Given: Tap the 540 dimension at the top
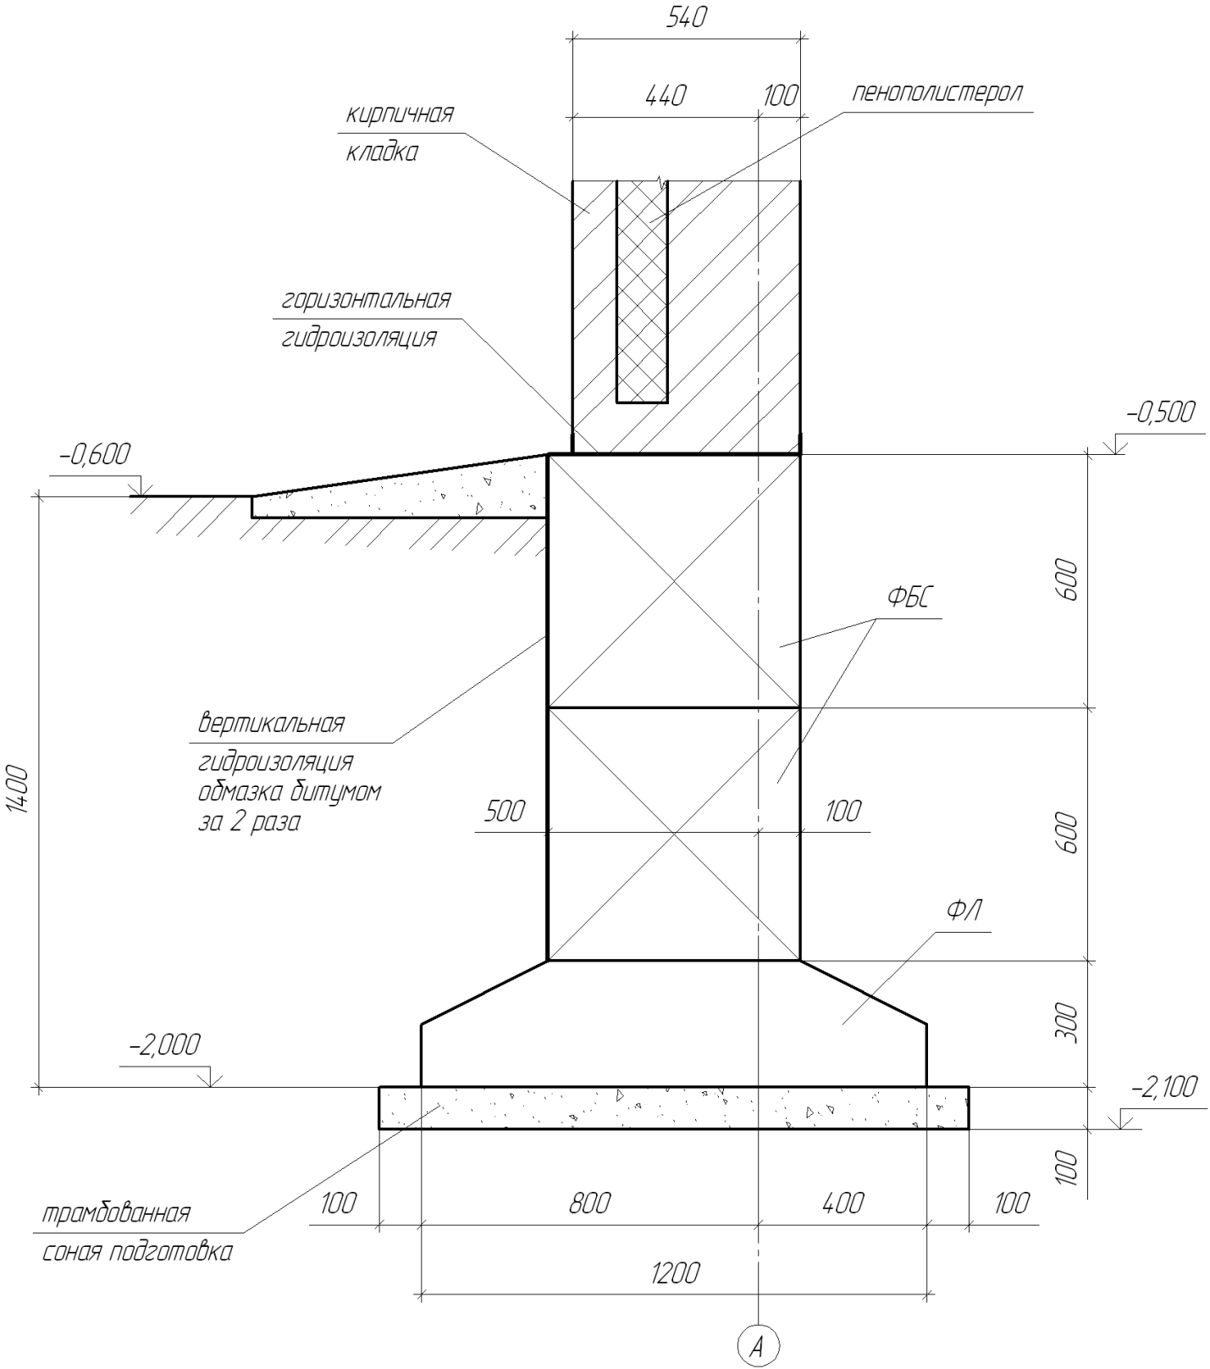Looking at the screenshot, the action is click(x=685, y=18).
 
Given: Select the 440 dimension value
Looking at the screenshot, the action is click(x=665, y=96).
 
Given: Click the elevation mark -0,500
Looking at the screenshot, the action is click(x=1160, y=413).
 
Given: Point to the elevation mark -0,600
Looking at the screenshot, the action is click(x=96, y=455).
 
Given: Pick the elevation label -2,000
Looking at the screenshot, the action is click(x=164, y=1045).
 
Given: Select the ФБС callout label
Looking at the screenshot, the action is click(x=909, y=599).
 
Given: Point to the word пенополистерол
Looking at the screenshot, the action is click(x=937, y=91).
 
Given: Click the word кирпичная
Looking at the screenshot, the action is click(x=400, y=114).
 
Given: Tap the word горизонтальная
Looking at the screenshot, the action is click(x=366, y=299).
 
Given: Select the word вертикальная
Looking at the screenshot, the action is click(x=272, y=724).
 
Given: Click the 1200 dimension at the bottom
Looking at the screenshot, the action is click(x=675, y=1273).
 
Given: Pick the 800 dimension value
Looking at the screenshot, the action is click(x=588, y=1203).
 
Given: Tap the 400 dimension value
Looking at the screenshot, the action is click(x=843, y=1203).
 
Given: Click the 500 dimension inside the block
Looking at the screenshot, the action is click(x=504, y=812).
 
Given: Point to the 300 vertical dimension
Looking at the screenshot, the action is click(x=1069, y=1023).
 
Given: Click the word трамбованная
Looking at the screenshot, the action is click(x=117, y=1213).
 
